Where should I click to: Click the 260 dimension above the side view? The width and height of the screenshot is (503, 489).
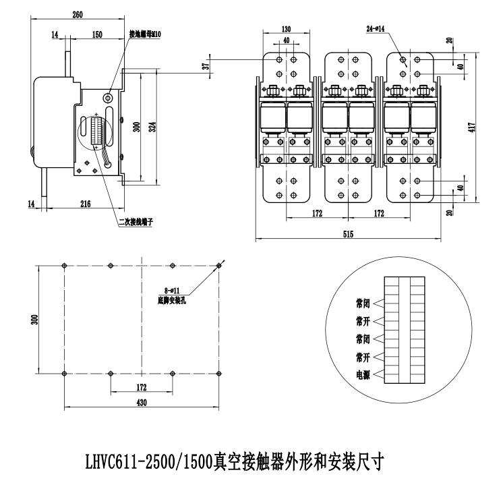tap(78, 15)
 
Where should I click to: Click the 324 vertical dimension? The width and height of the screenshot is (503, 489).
tap(153, 126)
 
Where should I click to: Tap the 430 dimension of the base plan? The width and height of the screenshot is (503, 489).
tap(142, 403)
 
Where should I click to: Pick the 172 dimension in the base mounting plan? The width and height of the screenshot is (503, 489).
tap(141, 387)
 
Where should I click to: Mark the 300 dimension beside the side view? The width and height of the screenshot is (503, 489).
tap(137, 126)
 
